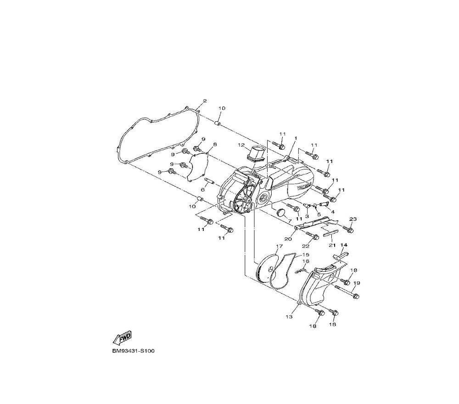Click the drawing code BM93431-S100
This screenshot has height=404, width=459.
click(134, 351)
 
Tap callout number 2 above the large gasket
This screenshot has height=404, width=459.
click(205, 101)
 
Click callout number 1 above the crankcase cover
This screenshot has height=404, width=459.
click(296, 138)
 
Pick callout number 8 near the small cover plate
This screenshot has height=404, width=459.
click(215, 144)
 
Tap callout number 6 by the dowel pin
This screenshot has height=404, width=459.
click(202, 189)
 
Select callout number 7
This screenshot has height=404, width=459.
click(290, 221)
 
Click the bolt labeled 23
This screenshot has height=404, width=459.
click(349, 228)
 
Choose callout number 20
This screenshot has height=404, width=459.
click(288, 239)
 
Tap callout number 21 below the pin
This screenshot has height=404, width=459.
click(332, 245)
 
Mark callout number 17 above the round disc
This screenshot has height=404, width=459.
click(279, 247)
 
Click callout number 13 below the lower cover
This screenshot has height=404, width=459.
click(289, 316)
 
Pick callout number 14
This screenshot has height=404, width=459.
click(344, 246)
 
